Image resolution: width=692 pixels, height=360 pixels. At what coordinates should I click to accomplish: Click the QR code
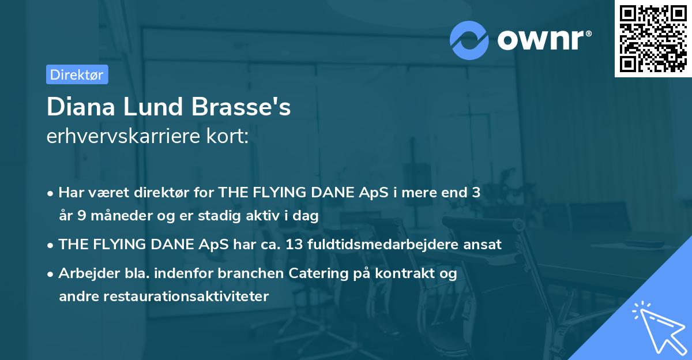point(653,38)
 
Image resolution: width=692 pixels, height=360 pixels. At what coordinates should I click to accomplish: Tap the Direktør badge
point(77,74)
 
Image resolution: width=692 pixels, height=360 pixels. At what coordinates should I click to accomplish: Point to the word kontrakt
point(407,273)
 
